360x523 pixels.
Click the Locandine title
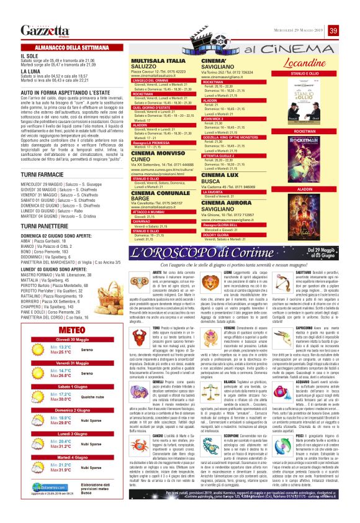pyautogui.click(x=304, y=63)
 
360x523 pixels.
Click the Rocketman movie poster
pyautogui.click(x=304, y=159)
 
